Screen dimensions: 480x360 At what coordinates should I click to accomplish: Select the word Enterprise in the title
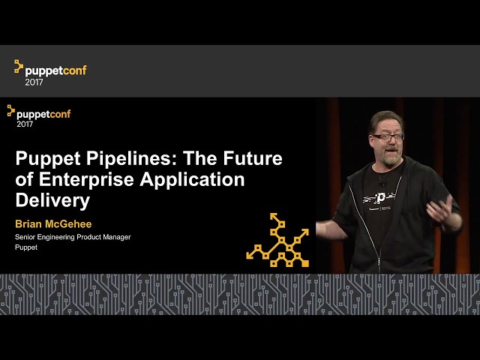pyautogui.click(x=86, y=179)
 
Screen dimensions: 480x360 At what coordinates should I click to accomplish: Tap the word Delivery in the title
pyautogui.click(x=52, y=200)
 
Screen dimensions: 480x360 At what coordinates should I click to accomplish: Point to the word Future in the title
pyautogui.click(x=253, y=158)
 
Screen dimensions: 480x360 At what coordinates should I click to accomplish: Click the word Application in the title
pyautogui.click(x=192, y=180)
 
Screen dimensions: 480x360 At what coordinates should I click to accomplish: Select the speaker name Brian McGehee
pyautogui.click(x=53, y=224)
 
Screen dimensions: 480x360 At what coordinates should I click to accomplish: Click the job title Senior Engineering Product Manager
pyautogui.click(x=73, y=237)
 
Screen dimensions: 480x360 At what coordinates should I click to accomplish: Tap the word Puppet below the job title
pyautogui.click(x=26, y=247)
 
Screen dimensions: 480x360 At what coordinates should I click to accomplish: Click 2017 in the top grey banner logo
pyautogui.click(x=34, y=82)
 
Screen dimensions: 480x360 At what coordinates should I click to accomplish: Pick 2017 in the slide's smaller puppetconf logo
pyautogui.click(x=25, y=124)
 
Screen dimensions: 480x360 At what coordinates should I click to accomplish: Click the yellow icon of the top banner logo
pyautogui.click(x=19, y=67)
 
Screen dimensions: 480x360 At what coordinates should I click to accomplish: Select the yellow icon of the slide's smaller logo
pyautogui.click(x=11, y=110)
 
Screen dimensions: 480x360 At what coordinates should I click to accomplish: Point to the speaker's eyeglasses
pyautogui.click(x=388, y=136)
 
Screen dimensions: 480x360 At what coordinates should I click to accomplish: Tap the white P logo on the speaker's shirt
pyautogui.click(x=380, y=198)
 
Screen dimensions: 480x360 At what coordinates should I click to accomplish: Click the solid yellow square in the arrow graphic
pyautogui.click(x=305, y=263)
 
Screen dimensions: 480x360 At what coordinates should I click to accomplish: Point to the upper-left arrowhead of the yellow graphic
pyautogui.click(x=273, y=216)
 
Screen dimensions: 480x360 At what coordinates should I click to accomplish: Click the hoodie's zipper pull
pyautogui.click(x=379, y=262)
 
